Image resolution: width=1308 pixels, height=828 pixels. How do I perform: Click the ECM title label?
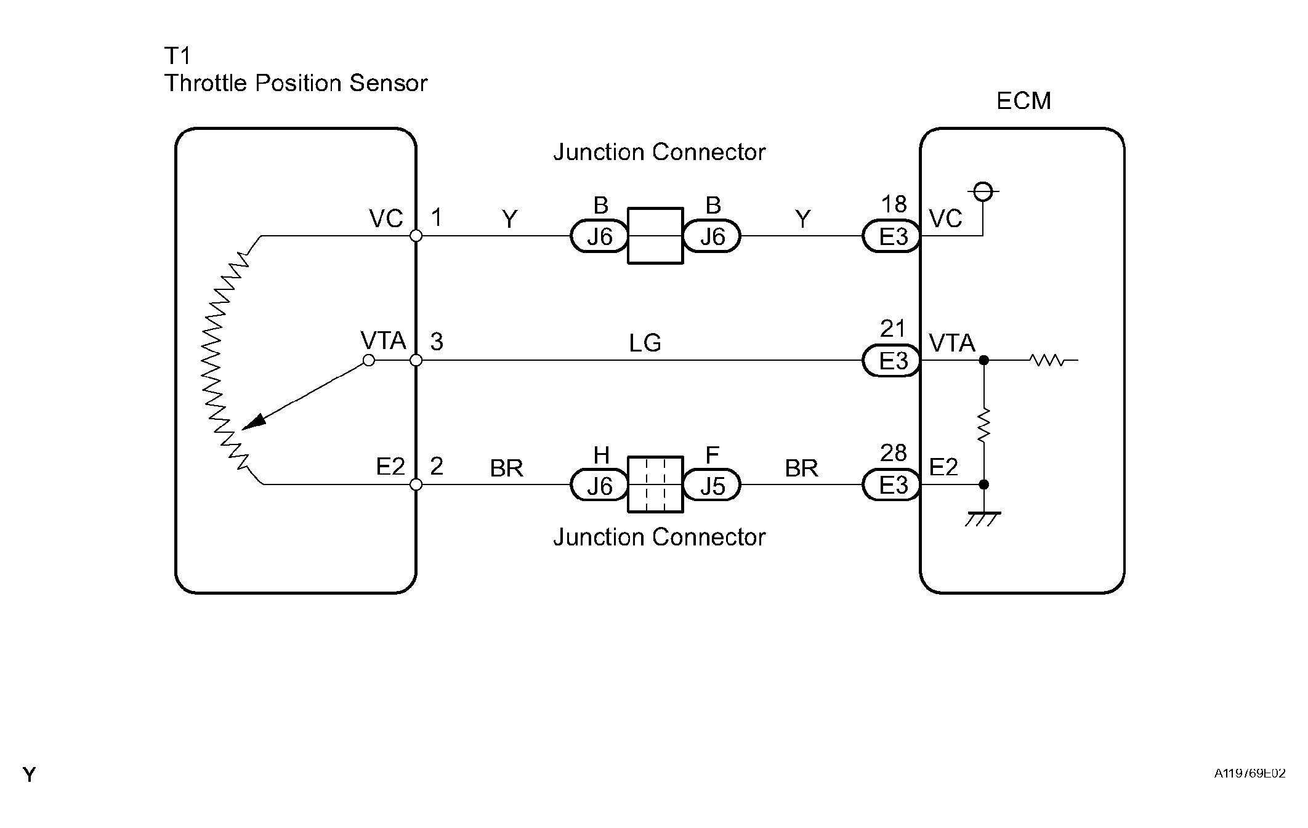click(1023, 101)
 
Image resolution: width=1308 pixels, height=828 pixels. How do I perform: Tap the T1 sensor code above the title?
click(177, 56)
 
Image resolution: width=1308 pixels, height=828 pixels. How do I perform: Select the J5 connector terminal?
click(712, 486)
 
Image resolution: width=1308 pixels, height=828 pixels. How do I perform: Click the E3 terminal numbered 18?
click(892, 236)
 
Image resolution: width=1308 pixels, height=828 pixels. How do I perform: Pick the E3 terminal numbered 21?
click(892, 361)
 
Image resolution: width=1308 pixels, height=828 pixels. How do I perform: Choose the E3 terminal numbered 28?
click(892, 486)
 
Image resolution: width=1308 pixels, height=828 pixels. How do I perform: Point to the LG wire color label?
click(645, 343)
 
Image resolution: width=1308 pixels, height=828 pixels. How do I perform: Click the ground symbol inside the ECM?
click(983, 518)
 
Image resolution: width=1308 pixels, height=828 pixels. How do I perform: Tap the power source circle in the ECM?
click(983, 191)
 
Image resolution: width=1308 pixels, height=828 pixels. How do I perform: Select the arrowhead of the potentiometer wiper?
click(254, 422)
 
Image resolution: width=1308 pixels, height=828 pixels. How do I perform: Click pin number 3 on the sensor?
click(437, 342)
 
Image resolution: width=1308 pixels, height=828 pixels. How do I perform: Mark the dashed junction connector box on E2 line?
click(655, 484)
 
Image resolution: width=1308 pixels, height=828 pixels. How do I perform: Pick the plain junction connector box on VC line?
click(655, 236)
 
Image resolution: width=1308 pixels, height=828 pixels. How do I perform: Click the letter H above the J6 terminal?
click(601, 456)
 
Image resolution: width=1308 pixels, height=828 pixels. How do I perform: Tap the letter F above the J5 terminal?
click(712, 456)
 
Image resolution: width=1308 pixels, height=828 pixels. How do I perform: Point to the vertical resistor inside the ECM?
click(983, 424)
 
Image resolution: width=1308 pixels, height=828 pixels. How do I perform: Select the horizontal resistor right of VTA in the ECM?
click(1047, 360)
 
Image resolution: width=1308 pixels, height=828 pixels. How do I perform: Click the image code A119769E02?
click(1249, 773)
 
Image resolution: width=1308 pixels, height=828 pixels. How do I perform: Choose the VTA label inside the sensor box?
click(383, 340)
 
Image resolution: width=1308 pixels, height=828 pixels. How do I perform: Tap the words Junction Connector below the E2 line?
click(659, 537)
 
